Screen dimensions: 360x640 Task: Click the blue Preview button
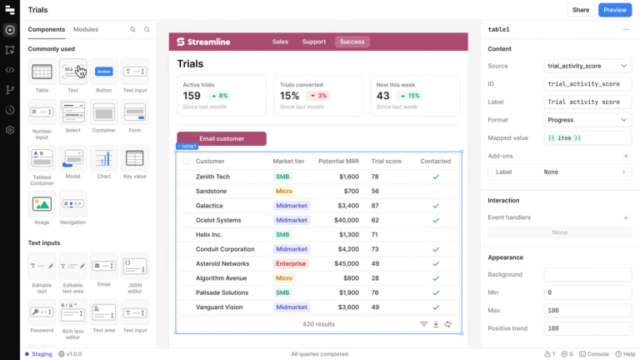pos(615,10)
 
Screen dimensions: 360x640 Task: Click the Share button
pos(580,10)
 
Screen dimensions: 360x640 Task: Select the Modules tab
pos(86,29)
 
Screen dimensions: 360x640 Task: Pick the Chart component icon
pos(104,158)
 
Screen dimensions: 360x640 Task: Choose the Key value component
pos(135,158)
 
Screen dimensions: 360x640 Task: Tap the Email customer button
pos(222,138)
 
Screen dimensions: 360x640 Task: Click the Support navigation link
pos(314,42)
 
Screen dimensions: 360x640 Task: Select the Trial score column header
pos(387,161)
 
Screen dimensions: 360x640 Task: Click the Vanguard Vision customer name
pos(219,307)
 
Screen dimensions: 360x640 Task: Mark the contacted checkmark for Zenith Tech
pos(435,177)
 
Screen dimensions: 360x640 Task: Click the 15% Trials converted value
pos(289,96)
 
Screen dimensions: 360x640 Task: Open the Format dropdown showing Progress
pos(587,120)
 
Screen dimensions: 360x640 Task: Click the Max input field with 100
pos(587,310)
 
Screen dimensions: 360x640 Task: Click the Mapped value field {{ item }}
pos(587,137)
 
